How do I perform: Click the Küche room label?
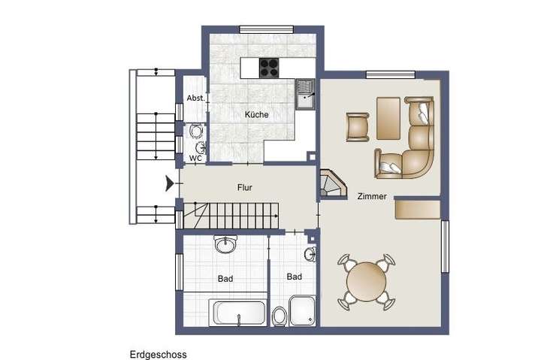pos(256,115)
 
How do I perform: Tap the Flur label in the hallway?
pos(244,187)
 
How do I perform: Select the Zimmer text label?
pos(373,196)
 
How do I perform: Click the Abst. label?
pos(195,98)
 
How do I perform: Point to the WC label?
pos(195,158)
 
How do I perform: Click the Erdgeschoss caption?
pos(158,354)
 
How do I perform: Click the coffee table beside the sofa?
pos(388,119)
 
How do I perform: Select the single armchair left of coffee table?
pos(358,126)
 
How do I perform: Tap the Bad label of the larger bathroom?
pos(225,278)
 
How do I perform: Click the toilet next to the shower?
pos(280,316)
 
